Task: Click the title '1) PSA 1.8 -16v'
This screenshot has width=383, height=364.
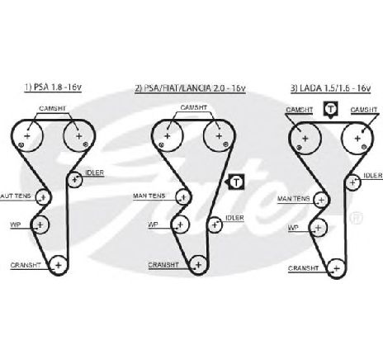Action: tap(53, 87)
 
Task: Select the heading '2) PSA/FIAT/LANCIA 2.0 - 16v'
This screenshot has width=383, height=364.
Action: tap(190, 88)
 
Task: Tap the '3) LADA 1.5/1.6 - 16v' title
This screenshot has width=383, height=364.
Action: tap(331, 88)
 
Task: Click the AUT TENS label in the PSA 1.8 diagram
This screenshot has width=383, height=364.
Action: tap(16, 196)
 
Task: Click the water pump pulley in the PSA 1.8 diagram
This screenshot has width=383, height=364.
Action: tap(40, 225)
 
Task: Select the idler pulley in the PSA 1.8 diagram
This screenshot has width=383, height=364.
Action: tap(74, 180)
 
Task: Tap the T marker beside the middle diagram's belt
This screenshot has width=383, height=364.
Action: tap(236, 182)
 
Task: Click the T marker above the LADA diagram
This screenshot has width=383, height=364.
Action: tap(331, 110)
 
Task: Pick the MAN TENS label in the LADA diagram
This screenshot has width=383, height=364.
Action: tap(293, 199)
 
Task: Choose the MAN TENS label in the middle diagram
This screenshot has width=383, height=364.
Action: tap(149, 196)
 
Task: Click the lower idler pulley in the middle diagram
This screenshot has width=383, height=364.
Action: tap(215, 225)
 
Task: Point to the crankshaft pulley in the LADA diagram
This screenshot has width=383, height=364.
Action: tap(336, 268)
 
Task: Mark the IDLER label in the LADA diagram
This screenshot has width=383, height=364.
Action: tap(373, 176)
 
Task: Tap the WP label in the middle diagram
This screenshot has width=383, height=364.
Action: tap(153, 225)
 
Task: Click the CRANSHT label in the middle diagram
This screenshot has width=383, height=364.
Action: tap(163, 265)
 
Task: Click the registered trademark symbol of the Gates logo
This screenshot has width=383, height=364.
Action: tap(356, 217)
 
